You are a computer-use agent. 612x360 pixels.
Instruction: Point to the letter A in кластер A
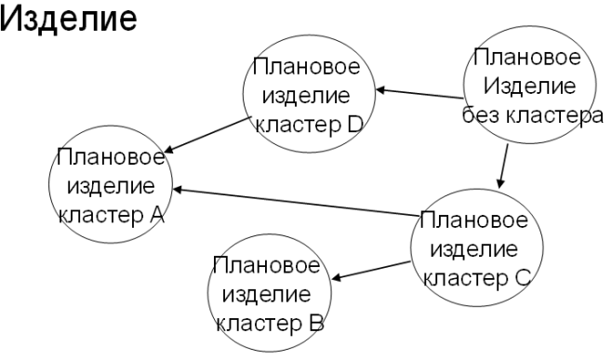pos(157,215)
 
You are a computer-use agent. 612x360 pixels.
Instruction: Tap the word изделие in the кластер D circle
pos(307,95)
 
